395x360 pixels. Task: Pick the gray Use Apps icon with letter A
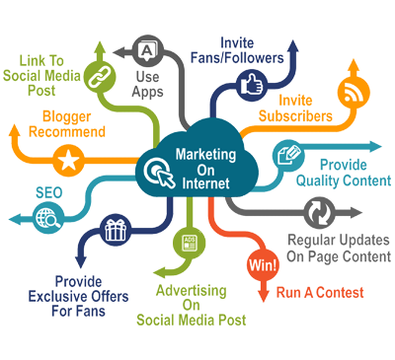(147, 47)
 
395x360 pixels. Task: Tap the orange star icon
(68, 160)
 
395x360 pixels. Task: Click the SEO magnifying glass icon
(45, 218)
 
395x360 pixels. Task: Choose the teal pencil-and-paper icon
(291, 157)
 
